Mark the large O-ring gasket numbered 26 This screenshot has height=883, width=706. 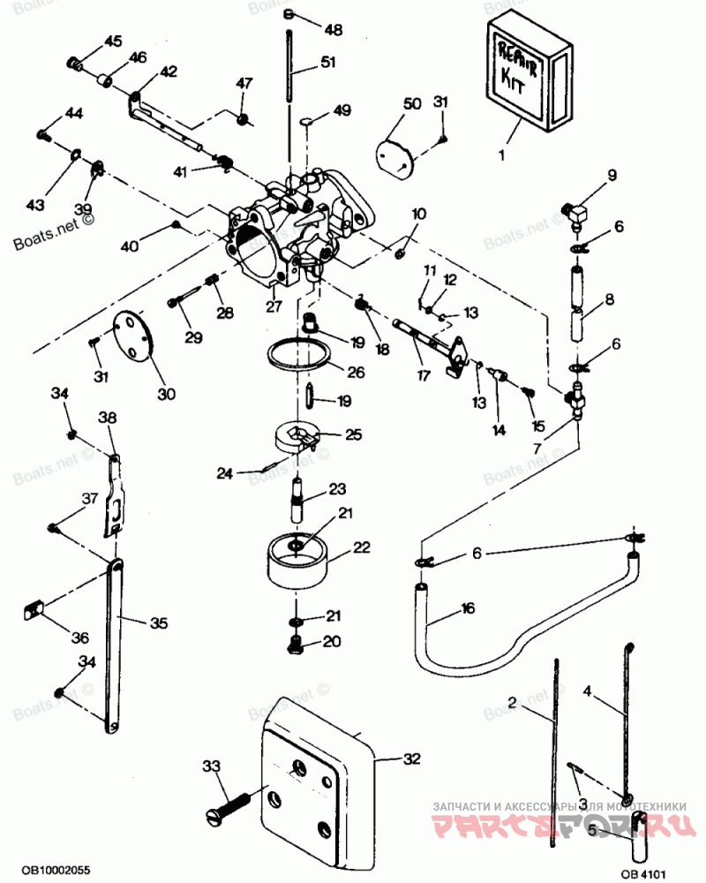point(299,354)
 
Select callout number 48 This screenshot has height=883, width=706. point(333,30)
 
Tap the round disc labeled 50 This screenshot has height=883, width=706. point(394,156)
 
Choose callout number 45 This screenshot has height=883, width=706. point(115,42)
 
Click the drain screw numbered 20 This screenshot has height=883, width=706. point(297,645)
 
